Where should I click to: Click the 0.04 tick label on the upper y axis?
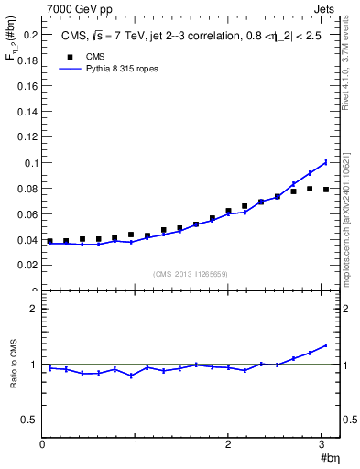(27, 240)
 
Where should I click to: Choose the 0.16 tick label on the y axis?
(27, 86)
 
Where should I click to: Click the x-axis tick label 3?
(322, 444)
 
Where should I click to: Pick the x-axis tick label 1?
(136, 444)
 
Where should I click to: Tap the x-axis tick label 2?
(228, 444)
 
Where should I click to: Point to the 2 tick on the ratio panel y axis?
(34, 309)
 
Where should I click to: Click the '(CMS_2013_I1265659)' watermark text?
(191, 273)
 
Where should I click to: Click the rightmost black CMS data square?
(326, 190)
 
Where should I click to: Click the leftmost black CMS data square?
(49, 241)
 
